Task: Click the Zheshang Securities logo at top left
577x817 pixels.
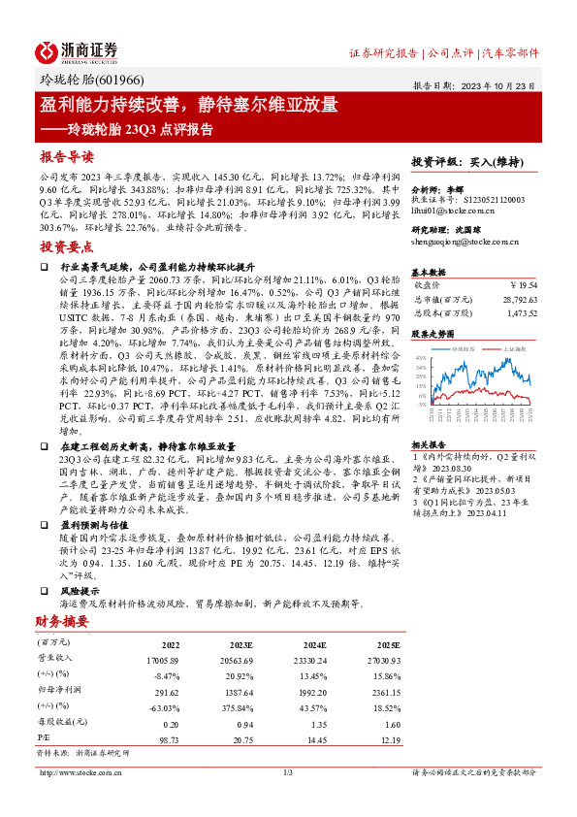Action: click(77, 50)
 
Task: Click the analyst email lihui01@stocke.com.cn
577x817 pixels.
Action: click(454, 211)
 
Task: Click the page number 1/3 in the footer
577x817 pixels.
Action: click(287, 772)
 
